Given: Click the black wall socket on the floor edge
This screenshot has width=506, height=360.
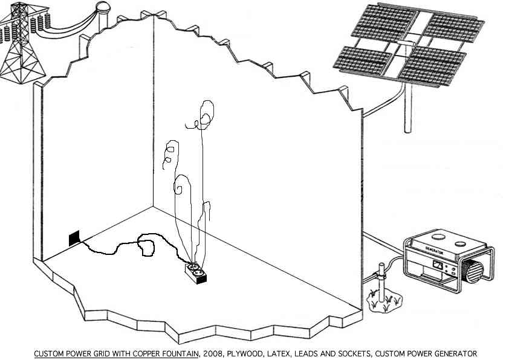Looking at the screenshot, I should click(74, 238).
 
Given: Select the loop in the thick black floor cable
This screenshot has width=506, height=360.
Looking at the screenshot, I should click(147, 245).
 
